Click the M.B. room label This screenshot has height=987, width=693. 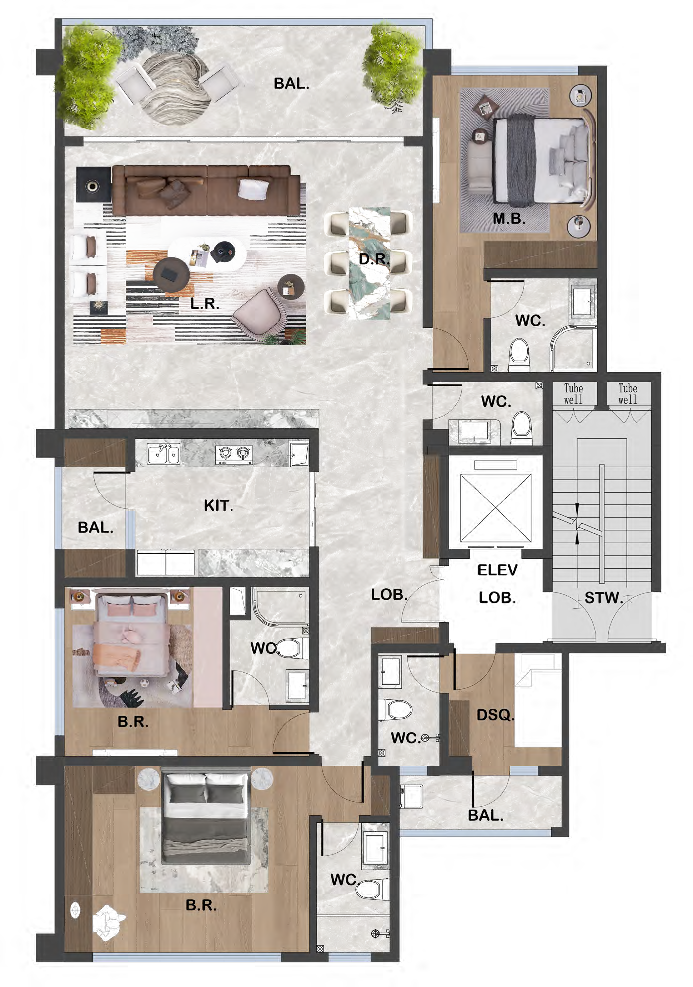(509, 218)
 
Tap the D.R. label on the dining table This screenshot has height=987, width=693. (374, 259)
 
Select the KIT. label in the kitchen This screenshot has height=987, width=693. (219, 506)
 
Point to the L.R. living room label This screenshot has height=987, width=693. (205, 303)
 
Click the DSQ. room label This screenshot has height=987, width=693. (495, 715)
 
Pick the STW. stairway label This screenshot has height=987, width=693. (604, 598)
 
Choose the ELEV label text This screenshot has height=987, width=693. (497, 570)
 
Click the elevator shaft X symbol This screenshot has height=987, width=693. (495, 507)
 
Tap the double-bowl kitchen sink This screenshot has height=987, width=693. (163, 454)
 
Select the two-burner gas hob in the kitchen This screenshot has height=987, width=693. (233, 454)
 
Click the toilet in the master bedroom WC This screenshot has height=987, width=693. (519, 354)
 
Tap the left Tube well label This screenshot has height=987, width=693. (573, 394)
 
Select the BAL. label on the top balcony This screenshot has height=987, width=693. (291, 84)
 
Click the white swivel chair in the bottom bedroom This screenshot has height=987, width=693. (108, 922)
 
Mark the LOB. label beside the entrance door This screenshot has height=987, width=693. (389, 594)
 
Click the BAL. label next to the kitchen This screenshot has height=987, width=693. (95, 527)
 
